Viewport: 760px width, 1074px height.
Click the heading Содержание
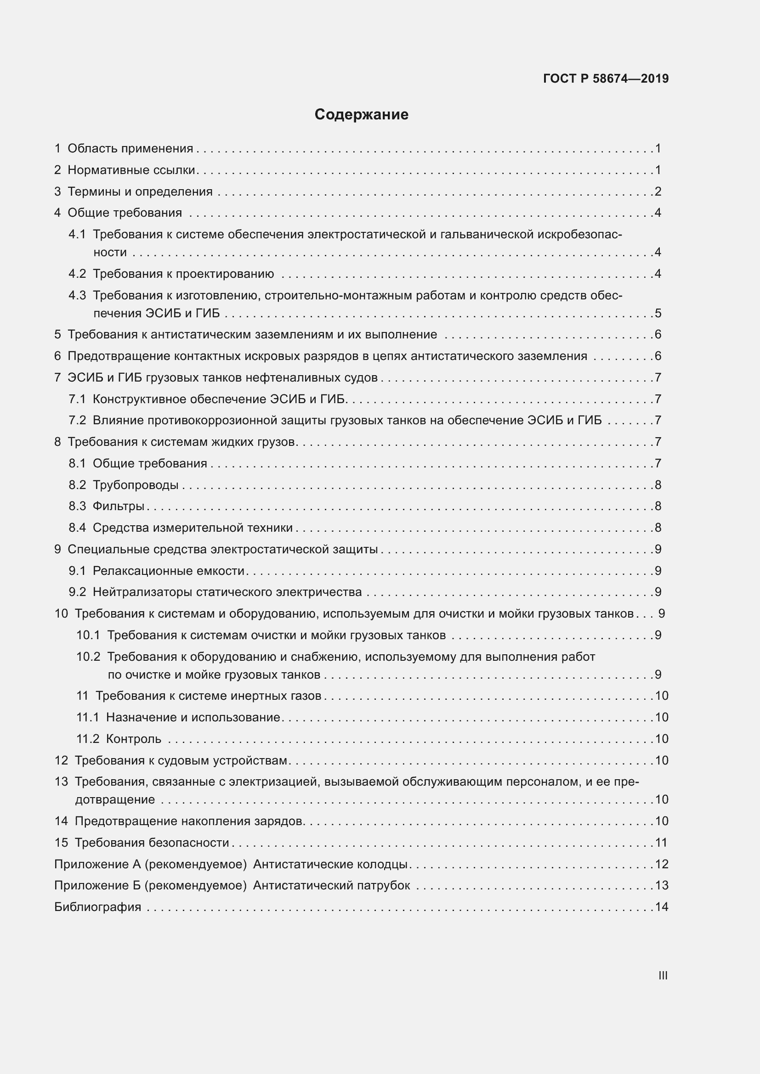361,114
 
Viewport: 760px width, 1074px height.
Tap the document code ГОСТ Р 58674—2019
606,79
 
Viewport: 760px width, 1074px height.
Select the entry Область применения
130,148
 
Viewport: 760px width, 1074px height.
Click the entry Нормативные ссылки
131,170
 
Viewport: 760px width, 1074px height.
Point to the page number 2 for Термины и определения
658,191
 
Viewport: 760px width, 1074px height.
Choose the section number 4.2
77,274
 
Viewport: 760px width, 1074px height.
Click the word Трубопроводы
135,484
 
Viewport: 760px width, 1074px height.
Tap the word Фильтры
119,506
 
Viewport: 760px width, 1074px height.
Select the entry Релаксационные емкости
169,571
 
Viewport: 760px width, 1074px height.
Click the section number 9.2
77,592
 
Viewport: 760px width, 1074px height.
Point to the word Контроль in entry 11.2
134,739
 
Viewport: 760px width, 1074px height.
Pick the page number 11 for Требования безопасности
661,843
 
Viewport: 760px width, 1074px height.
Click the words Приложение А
97,864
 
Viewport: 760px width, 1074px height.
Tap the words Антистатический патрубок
331,885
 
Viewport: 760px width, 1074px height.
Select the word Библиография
98,906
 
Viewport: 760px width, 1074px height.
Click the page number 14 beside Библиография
661,906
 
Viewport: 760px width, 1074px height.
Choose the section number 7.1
77,399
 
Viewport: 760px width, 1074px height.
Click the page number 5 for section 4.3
658,313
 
